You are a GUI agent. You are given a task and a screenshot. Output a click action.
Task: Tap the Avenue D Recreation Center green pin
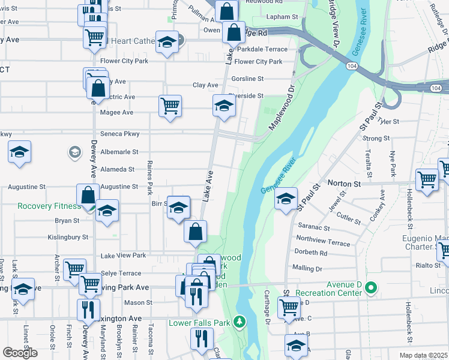[370, 289]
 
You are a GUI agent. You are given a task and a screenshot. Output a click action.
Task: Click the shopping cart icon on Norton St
[427, 178]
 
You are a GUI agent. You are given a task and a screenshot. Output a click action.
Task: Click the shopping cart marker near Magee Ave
[170, 106]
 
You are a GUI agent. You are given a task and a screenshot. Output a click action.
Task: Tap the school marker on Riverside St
[224, 106]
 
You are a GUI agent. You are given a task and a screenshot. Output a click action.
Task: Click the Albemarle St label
[119, 152]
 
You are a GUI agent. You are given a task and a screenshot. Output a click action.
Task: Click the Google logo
[20, 353]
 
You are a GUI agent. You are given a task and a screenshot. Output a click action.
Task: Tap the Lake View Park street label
[123, 256]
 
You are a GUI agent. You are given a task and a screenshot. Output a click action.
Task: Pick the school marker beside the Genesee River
[286, 197]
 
